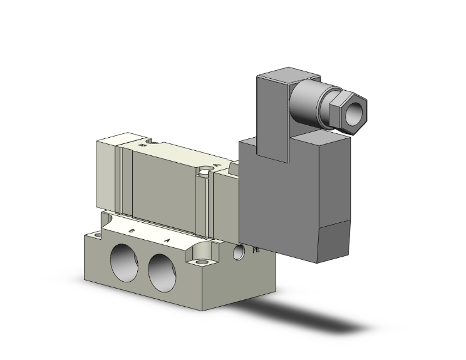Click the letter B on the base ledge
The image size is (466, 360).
132,232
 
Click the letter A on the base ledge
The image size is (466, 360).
167,240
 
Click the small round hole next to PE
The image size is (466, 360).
239,252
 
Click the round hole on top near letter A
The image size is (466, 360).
205,168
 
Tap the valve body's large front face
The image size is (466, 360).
166,188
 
